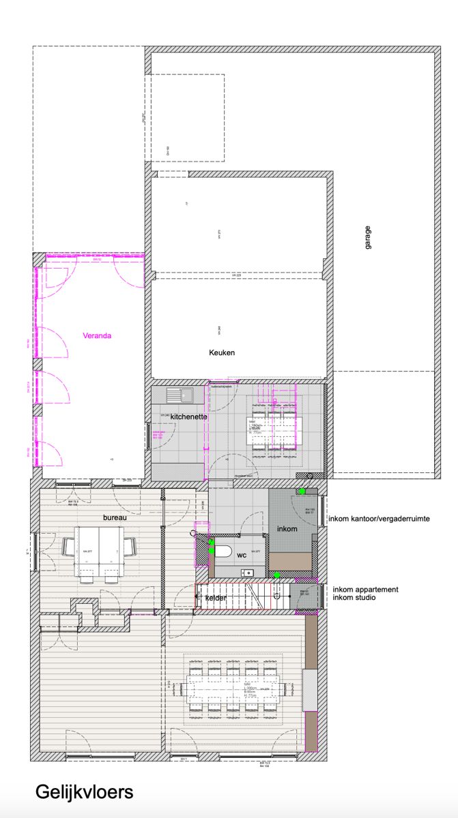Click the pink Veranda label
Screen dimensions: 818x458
pos(96,335)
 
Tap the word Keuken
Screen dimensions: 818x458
pos(222,352)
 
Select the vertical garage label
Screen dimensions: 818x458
pos(367,237)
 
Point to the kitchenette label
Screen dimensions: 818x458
pos(188,416)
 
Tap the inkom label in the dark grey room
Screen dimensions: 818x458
pos(287,529)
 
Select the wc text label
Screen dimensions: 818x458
pos(241,556)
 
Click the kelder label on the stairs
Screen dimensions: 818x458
pos(216,598)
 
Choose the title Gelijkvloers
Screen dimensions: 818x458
pos(84,792)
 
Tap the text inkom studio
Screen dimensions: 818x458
pos(355,598)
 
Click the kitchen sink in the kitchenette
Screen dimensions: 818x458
pos(181,395)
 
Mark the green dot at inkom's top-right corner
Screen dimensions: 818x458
pos(302,491)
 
